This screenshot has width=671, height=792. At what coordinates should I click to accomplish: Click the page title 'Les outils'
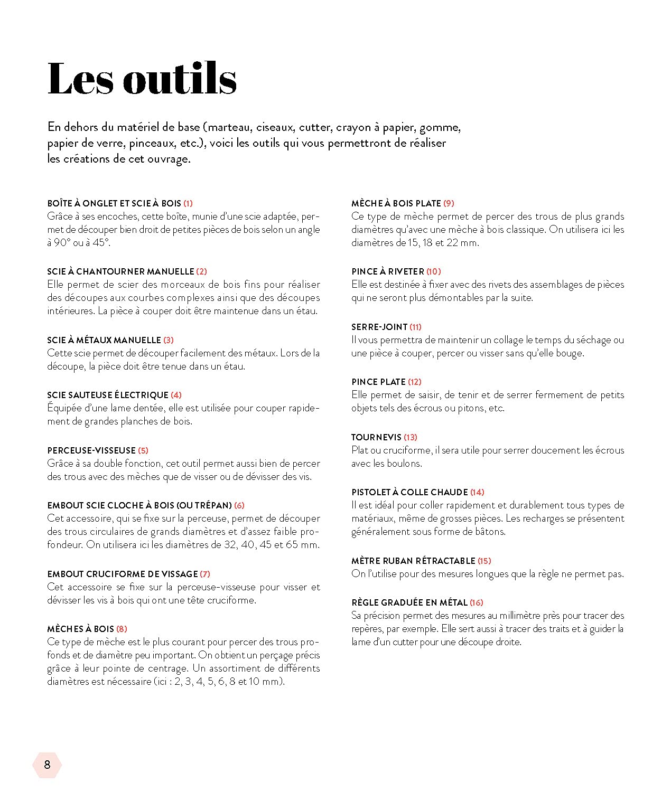(142, 79)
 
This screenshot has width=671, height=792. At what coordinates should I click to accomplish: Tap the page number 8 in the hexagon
(47, 765)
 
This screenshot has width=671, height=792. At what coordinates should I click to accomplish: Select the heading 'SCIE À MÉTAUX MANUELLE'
(104, 340)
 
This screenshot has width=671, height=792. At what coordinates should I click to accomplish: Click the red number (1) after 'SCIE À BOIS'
(188, 203)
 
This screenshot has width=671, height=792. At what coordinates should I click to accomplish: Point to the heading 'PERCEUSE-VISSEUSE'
(91, 450)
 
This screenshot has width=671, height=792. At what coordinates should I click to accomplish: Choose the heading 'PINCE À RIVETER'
(388, 271)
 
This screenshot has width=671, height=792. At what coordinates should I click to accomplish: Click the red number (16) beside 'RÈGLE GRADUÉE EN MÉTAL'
(477, 602)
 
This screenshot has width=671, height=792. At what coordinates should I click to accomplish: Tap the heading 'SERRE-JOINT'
(379, 327)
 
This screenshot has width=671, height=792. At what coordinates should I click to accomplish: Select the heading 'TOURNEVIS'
(376, 437)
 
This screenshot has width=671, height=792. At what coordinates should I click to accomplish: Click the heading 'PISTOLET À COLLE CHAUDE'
(409, 492)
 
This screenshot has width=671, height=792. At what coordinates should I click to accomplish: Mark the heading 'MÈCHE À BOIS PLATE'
(396, 203)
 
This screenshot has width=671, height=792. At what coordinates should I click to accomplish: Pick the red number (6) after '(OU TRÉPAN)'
(239, 505)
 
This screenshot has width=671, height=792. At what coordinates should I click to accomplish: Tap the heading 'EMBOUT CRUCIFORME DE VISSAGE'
(122, 574)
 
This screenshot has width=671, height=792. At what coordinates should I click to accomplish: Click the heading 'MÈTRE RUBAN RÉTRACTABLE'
(413, 561)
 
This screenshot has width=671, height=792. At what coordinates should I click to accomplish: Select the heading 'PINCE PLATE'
(378, 382)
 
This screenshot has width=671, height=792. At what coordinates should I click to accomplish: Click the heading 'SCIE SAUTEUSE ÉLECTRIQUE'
(107, 395)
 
